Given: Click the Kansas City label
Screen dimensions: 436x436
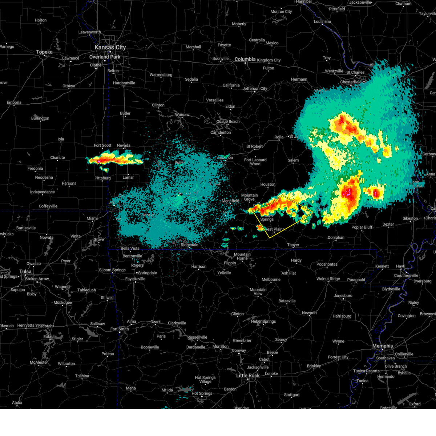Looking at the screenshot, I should click(x=110, y=47).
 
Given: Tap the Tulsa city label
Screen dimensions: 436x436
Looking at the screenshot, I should click(x=25, y=271).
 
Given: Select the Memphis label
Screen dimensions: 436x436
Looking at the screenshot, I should click(x=382, y=346).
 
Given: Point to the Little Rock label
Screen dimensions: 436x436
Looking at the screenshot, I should click(x=248, y=375).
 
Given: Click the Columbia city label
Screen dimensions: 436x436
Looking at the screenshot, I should click(x=245, y=59).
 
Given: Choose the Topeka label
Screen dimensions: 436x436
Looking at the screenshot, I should click(x=44, y=52).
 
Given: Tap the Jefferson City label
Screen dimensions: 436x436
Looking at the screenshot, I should click(x=255, y=89).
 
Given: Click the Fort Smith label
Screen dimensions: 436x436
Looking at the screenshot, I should click(x=120, y=329).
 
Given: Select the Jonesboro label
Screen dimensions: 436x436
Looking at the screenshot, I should click(x=343, y=295).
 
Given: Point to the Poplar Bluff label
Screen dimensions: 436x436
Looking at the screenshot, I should click(x=362, y=227).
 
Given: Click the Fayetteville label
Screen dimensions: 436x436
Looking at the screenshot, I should click(x=135, y=279).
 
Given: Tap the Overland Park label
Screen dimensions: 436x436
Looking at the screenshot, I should click(x=105, y=57).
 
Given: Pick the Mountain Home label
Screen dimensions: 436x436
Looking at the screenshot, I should click(x=242, y=256).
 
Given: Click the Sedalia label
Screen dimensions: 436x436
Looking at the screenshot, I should click(x=191, y=79).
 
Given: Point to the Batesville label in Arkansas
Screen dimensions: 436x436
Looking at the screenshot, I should click(x=287, y=301).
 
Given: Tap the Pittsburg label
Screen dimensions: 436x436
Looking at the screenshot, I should click(x=102, y=178).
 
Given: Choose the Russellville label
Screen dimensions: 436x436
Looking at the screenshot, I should click(x=197, y=337).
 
